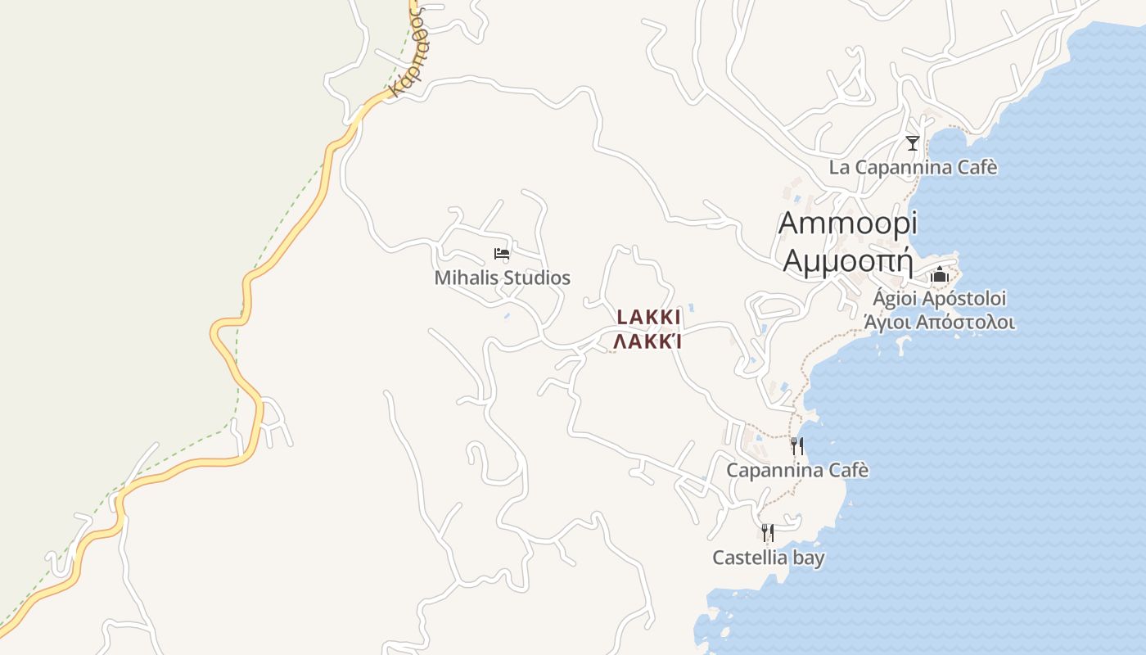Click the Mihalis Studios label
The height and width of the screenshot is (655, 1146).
[x=502, y=278]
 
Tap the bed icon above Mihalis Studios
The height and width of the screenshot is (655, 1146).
[x=502, y=254]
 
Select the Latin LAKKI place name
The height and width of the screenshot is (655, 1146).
[x=648, y=318]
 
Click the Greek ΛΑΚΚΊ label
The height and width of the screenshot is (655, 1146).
[x=648, y=341]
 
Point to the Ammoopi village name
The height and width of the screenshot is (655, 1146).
[x=848, y=223]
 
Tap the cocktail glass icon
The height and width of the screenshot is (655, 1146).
[x=913, y=143]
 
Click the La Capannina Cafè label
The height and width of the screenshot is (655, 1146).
[x=913, y=168]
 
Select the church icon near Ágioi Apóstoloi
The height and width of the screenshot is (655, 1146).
[x=939, y=274]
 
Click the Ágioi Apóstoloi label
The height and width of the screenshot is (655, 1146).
[x=939, y=298]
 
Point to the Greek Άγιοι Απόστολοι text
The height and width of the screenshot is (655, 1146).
[x=939, y=323]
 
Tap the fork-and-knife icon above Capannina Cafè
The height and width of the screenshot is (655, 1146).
[x=796, y=446]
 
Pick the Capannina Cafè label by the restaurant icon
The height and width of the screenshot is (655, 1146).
[x=797, y=471]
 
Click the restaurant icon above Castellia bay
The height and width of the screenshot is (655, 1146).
[x=768, y=533]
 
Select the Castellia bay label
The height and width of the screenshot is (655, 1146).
[x=768, y=558]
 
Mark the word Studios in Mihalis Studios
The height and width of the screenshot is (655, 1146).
[x=537, y=278]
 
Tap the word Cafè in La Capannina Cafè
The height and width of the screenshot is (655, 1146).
[x=978, y=168]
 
